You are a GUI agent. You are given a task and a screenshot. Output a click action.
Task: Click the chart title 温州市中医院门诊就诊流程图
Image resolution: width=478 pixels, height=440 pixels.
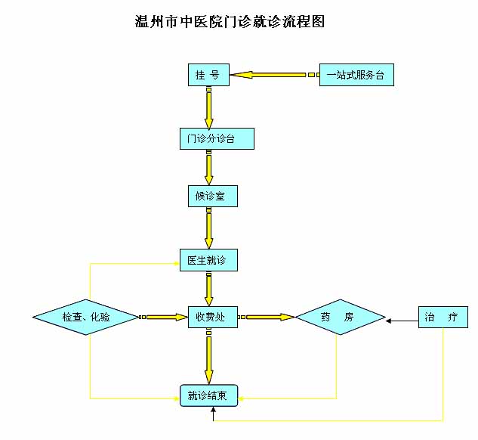(229, 22)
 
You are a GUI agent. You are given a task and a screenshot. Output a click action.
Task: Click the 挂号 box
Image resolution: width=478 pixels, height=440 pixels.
(208, 75)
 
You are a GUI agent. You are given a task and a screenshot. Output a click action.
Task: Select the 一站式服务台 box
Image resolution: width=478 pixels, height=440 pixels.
(356, 75)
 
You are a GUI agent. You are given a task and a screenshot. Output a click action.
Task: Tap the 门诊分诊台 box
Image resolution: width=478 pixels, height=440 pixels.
(211, 139)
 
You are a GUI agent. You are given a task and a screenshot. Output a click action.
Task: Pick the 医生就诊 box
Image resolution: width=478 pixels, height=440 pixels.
(208, 260)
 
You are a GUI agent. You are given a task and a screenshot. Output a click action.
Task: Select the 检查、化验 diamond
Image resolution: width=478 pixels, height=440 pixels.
(86, 317)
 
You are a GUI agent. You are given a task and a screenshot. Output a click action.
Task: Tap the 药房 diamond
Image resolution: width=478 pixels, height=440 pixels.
(340, 317)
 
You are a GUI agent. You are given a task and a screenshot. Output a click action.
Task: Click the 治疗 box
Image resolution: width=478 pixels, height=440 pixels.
(443, 317)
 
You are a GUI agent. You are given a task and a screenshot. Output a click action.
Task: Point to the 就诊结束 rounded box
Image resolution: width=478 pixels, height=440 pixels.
(209, 395)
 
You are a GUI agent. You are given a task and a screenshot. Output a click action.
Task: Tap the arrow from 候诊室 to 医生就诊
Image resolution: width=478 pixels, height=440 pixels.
(209, 228)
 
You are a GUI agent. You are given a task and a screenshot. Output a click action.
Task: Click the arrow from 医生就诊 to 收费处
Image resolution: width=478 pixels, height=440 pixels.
(209, 288)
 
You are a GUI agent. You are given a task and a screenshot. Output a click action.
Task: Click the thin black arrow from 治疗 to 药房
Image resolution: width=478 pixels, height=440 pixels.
(402, 321)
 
